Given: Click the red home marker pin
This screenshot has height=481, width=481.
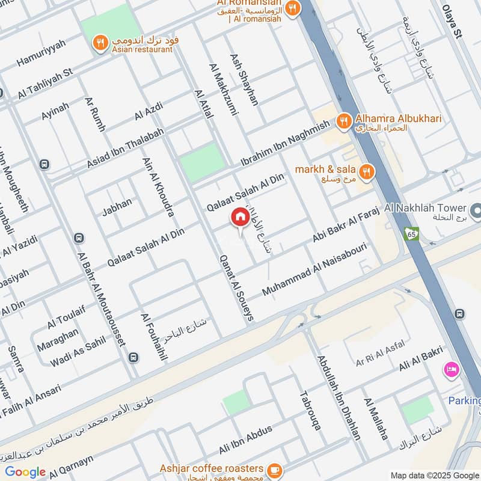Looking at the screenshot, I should pyautogui.click(x=239, y=218).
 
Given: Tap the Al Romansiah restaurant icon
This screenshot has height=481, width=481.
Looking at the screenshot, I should pyautogui.click(x=292, y=8).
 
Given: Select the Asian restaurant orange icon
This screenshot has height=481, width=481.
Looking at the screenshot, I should pyautogui.click(x=100, y=43).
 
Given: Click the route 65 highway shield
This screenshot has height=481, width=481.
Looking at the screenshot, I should pyautogui.click(x=411, y=233).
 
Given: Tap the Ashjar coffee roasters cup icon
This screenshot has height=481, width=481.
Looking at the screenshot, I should pyautogui.click(x=275, y=468).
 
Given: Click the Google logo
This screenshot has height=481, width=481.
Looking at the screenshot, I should pyautogui.click(x=25, y=472).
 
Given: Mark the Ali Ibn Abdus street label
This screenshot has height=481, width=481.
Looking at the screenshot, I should pyautogui.click(x=246, y=440).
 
